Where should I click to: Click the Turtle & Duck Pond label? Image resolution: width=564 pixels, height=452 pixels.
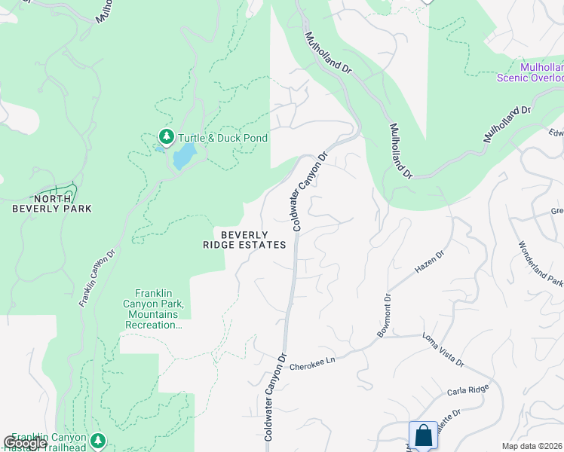222,138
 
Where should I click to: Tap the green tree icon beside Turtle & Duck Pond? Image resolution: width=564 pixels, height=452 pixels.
166,137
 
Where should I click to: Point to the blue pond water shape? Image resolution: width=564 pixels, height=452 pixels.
182,157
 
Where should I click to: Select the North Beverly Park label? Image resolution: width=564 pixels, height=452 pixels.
51,203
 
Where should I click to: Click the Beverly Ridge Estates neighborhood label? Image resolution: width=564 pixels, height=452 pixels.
244,240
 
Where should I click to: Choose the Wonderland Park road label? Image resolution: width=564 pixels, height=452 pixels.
540,264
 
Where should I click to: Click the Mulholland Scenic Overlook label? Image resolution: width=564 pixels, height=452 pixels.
531,72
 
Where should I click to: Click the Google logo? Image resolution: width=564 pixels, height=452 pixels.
25,443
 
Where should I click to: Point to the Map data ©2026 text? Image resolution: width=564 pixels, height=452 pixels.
532,446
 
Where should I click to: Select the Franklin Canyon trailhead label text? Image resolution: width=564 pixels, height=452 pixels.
45,441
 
